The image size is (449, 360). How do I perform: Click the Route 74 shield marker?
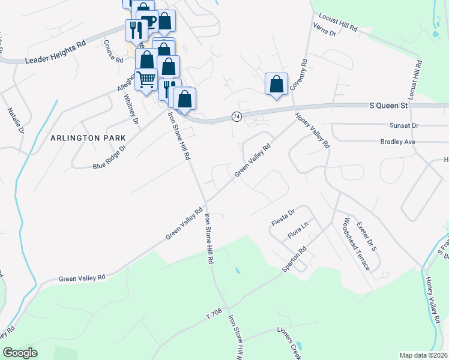coord(237,117)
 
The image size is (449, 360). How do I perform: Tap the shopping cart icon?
coord(146,80)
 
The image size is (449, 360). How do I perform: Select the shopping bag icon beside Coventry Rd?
coord(276,84)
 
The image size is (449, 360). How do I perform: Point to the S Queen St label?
coord(388,106)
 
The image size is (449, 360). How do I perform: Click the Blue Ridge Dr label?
coord(109,157)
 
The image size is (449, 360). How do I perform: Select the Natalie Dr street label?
coord(16,120)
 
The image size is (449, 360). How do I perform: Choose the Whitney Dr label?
coord(131,110)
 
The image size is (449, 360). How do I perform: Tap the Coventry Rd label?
coord(298,74)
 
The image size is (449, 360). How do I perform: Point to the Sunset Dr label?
coord(403,125)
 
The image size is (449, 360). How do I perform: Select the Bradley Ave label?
coord(397,142)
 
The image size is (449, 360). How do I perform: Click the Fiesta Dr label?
coord(283,213)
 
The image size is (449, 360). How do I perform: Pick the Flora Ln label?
coord(297,228)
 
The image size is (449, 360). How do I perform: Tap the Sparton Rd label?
coord(294,259)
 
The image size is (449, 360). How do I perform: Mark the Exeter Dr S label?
coord(365,236)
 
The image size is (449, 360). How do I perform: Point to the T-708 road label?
coord(214,313)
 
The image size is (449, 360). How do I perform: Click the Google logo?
coord(20,353)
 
